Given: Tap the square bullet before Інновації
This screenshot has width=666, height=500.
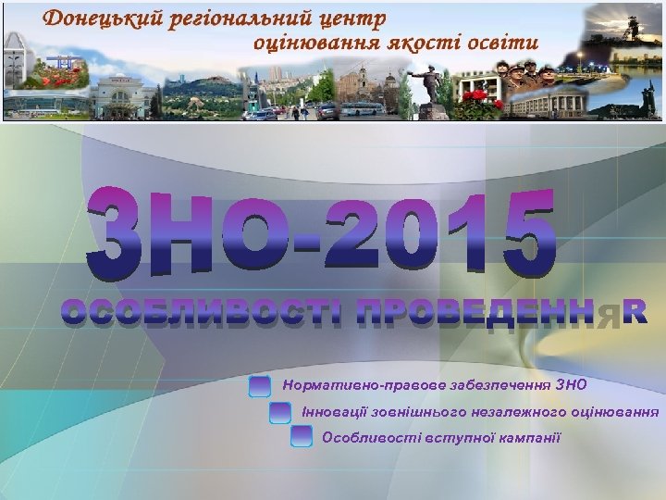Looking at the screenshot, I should [x=280, y=411].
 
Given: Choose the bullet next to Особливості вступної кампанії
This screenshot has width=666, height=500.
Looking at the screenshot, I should [x=302, y=437].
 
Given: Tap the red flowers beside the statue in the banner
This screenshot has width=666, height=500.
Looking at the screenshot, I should [x=478, y=100].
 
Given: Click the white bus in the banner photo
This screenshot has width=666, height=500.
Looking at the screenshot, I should [x=362, y=108].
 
